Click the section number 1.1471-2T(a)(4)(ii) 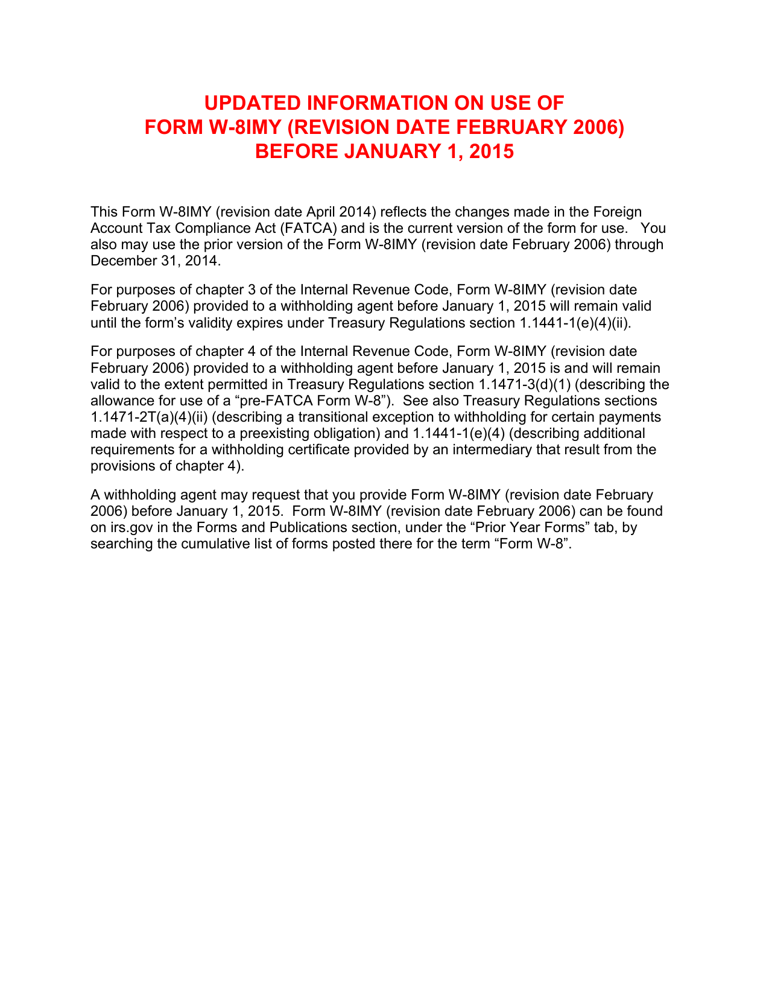149,417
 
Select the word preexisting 278,433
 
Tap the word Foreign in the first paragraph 618,212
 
